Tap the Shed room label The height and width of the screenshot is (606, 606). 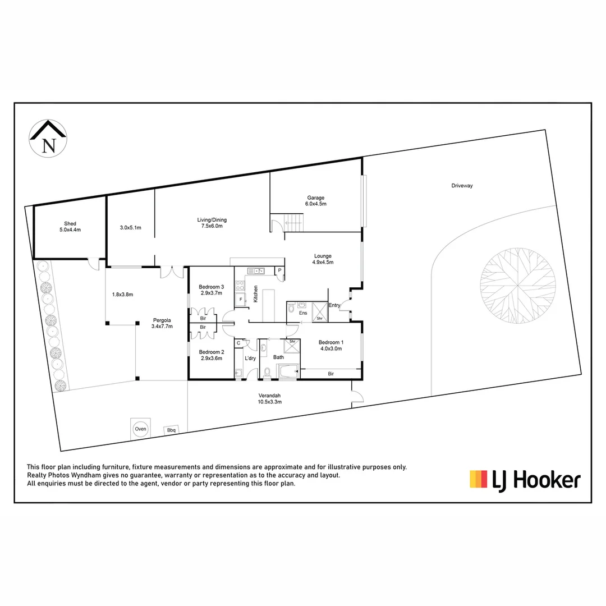tap(70, 227)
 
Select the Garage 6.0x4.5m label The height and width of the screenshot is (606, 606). tap(316, 201)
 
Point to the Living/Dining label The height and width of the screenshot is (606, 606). tap(212, 223)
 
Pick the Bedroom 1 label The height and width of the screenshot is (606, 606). tap(330, 345)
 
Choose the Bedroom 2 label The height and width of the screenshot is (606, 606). tap(212, 355)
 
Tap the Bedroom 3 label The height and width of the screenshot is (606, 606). tap(212, 290)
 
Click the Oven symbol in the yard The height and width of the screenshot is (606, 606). tap(140, 429)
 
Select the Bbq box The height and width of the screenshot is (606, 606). tap(171, 430)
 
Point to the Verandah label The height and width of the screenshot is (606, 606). tap(269, 398)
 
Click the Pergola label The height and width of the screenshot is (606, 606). tap(162, 323)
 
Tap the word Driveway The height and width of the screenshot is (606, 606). tap(462, 186)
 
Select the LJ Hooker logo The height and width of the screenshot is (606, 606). tap(525, 480)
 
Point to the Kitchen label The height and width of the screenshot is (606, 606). tap(255, 294)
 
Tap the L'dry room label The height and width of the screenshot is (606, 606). tap(250, 358)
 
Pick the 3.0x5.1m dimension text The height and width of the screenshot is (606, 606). tap(130, 227)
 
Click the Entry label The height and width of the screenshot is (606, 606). tap(334, 305)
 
